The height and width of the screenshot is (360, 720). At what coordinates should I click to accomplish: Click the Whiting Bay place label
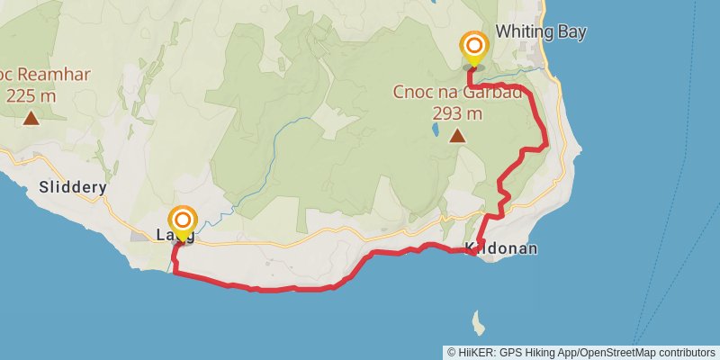click(541, 32)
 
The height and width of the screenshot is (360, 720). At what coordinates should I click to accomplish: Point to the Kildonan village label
click(501, 248)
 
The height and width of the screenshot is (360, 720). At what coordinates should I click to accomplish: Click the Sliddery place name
click(74, 188)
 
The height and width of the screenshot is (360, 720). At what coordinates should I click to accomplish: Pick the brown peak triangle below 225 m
click(31, 118)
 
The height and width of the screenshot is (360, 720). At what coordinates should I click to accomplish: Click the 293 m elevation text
click(458, 113)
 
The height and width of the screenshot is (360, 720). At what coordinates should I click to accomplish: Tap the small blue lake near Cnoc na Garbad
click(436, 130)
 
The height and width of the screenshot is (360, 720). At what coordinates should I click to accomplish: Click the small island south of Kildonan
click(478, 320)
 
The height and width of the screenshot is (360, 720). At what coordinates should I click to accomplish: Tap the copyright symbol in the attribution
click(452, 352)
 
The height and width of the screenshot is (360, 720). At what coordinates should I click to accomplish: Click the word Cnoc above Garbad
click(412, 92)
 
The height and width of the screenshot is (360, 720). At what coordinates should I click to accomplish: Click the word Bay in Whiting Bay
click(572, 32)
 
